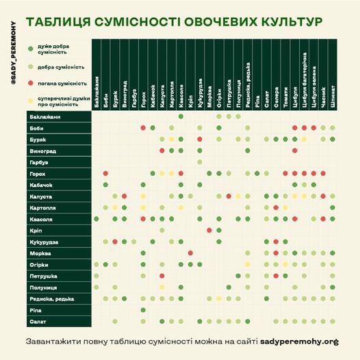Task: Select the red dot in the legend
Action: coord(30,81)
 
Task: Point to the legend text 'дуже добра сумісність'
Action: coord(57,49)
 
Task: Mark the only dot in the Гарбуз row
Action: coord(200,162)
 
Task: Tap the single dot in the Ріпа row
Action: coord(143,310)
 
